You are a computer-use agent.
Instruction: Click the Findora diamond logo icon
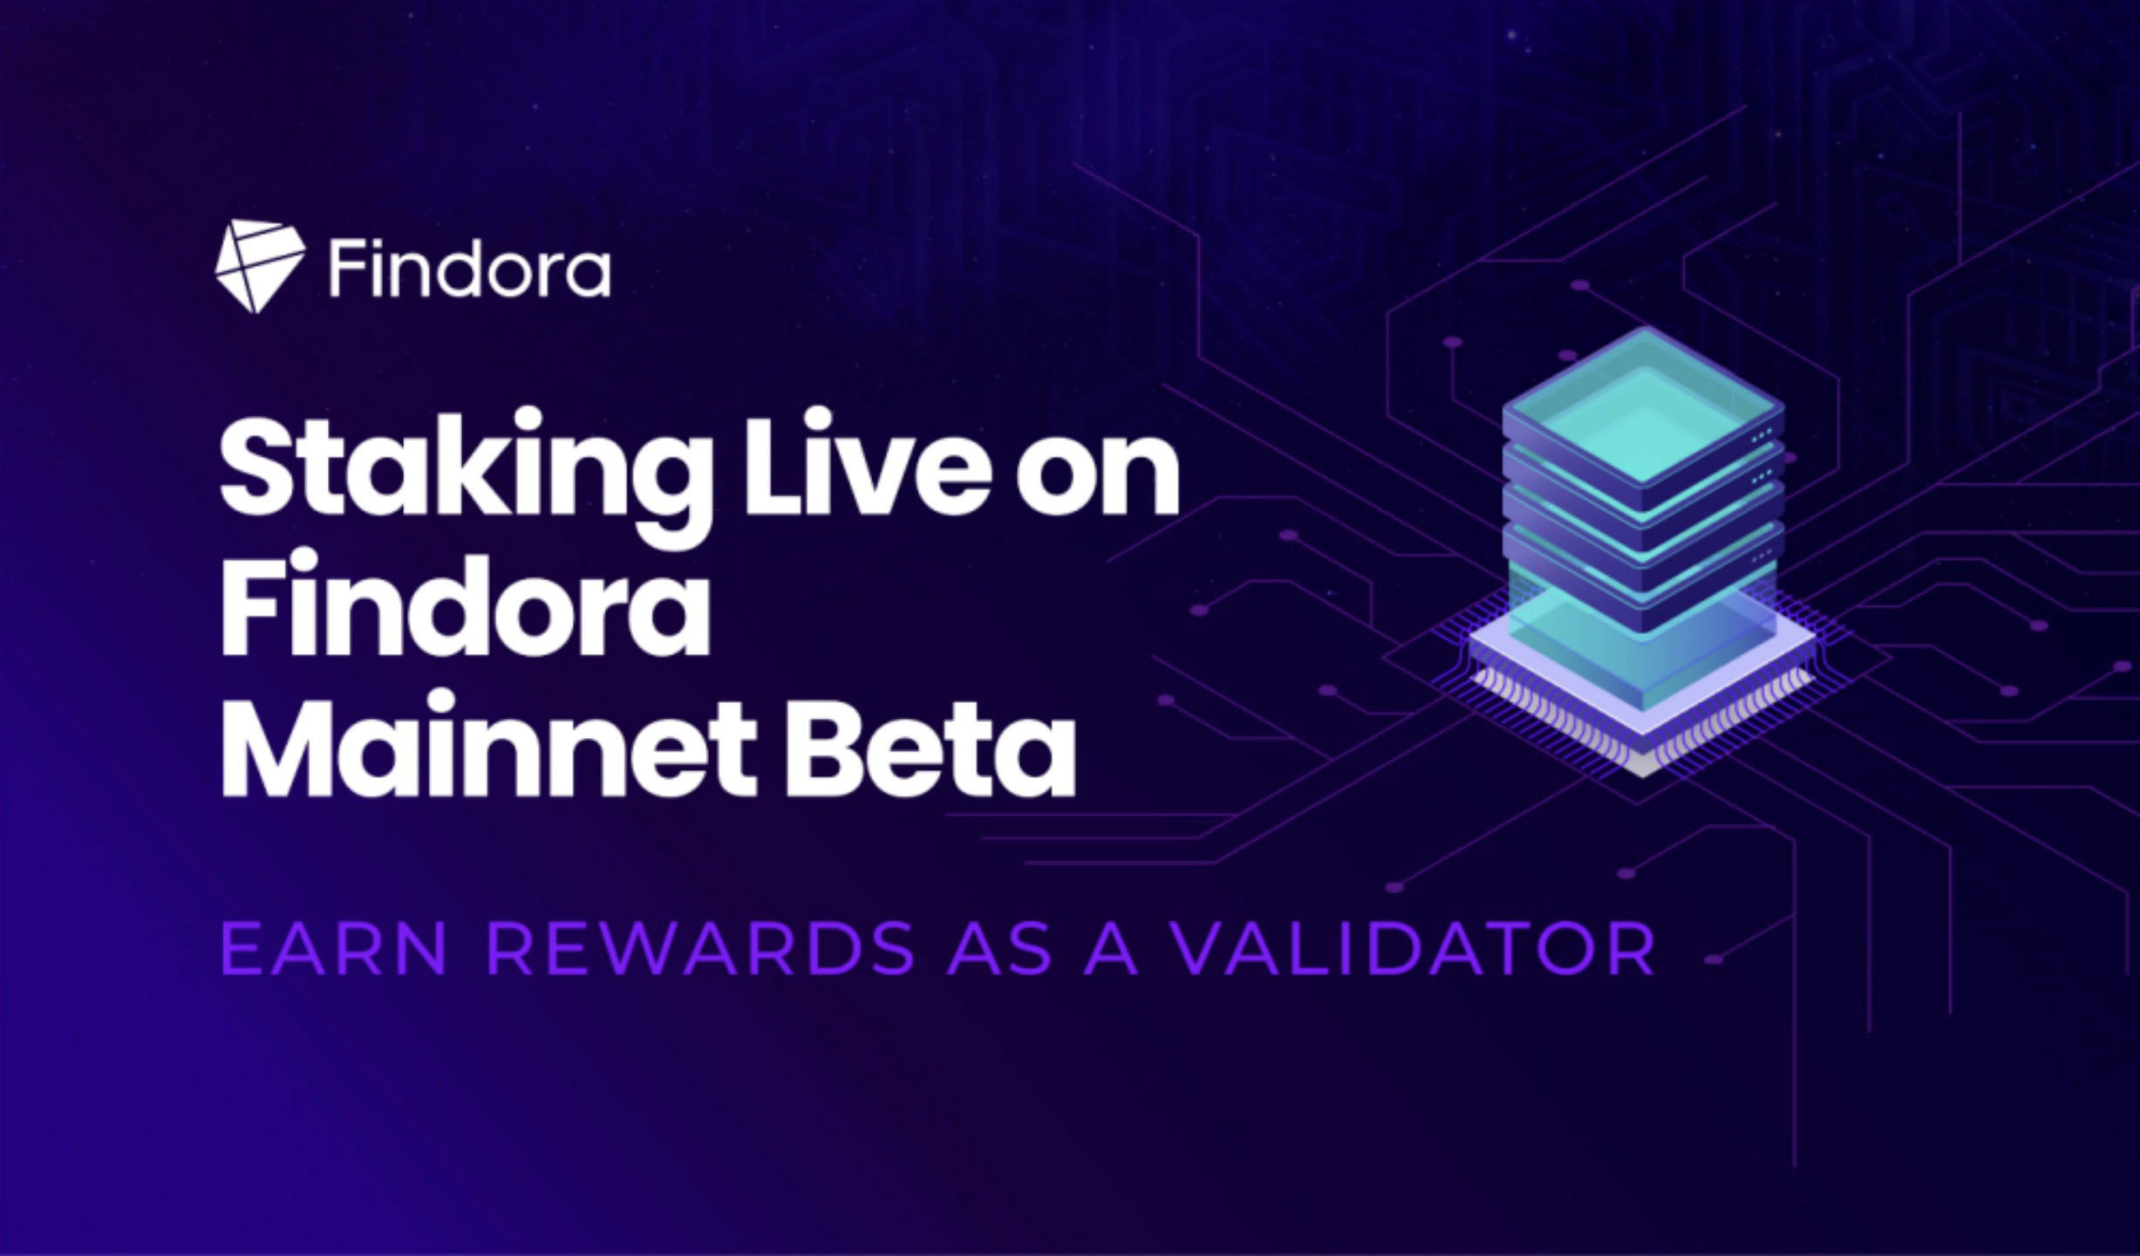tap(260, 267)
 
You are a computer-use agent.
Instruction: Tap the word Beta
tap(931, 747)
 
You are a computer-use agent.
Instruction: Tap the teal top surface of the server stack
tap(1644, 406)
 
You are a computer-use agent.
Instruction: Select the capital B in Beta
tap(823, 747)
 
